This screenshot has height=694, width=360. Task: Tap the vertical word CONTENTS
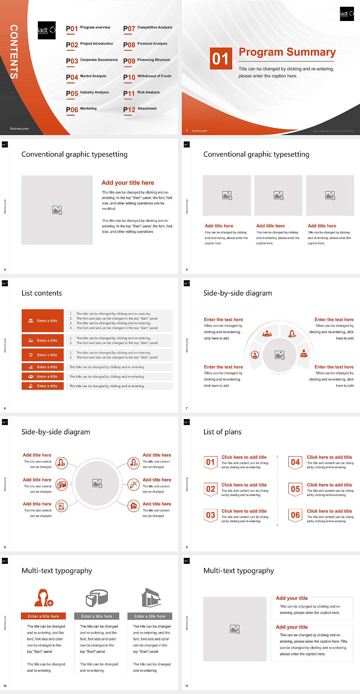click(x=14, y=52)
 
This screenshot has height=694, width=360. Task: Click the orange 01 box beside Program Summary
click(x=220, y=59)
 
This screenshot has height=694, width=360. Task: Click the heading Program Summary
click(x=287, y=52)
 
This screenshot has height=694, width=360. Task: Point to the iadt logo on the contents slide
click(x=46, y=30)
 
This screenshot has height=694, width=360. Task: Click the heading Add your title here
click(x=127, y=183)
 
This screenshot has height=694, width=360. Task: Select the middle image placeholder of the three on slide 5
click(x=278, y=195)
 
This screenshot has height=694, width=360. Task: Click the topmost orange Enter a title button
click(x=43, y=321)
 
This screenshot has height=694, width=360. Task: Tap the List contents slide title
click(x=42, y=293)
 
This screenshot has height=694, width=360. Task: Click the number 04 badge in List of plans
click(x=295, y=462)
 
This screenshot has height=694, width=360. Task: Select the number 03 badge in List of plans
click(x=210, y=515)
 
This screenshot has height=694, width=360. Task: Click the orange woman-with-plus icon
click(x=44, y=598)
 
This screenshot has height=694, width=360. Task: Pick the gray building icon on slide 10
click(x=151, y=598)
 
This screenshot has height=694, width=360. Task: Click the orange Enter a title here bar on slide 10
click(x=43, y=616)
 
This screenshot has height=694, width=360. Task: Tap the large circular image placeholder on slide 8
click(x=97, y=483)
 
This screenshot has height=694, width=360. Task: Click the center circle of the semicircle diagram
click(x=279, y=355)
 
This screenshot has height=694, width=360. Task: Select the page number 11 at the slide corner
click(x=187, y=686)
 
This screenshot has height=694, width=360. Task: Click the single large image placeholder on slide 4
click(x=57, y=210)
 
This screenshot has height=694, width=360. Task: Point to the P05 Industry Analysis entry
click(x=87, y=93)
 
